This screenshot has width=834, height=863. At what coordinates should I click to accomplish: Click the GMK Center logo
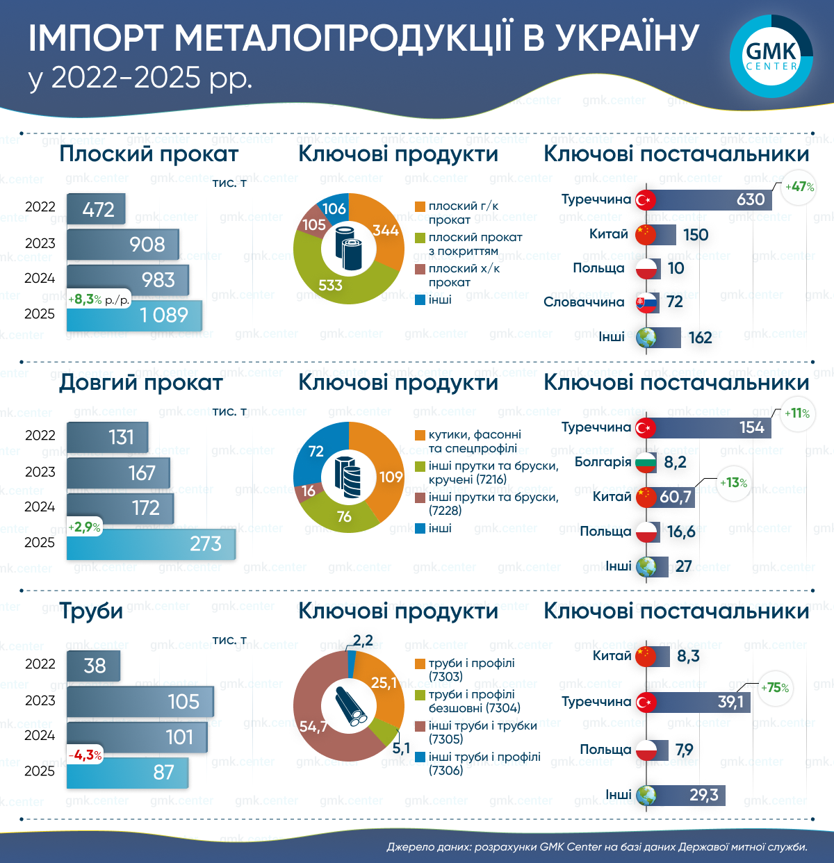(x=771, y=56)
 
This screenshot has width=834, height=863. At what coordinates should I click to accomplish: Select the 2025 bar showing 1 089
(x=134, y=315)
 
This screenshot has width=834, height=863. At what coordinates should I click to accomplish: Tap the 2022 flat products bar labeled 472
(x=96, y=208)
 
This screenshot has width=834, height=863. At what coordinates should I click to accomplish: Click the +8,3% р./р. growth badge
(x=99, y=299)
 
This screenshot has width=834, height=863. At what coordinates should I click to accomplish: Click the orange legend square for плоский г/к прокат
(x=420, y=206)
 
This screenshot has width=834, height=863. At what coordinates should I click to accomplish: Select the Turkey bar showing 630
(x=709, y=199)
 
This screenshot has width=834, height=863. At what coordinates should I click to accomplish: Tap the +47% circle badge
(x=799, y=187)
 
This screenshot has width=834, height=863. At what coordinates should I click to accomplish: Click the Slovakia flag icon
(x=646, y=302)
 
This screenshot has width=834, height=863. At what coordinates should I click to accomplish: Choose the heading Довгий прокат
(x=141, y=382)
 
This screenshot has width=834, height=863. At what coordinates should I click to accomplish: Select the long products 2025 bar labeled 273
(x=151, y=543)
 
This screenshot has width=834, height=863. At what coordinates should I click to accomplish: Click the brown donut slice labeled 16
(x=308, y=491)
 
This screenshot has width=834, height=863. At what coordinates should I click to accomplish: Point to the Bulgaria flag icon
(x=646, y=462)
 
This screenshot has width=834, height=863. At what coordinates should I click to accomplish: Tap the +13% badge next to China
(x=733, y=483)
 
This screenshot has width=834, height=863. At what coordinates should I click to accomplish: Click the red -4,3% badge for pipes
(x=85, y=755)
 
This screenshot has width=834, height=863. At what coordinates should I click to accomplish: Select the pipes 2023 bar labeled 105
(x=140, y=701)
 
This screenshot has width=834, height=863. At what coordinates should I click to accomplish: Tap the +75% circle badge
(x=774, y=688)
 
